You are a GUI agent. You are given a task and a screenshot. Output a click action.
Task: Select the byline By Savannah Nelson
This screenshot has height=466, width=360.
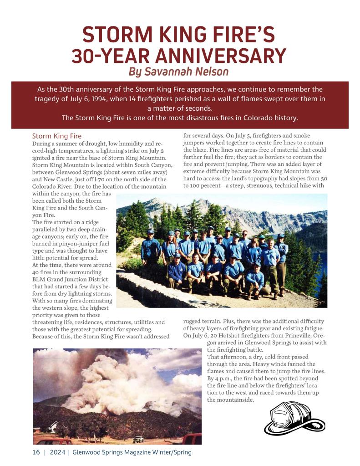(x=178, y=72)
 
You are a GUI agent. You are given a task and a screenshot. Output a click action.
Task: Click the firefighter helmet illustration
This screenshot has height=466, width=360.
(x=294, y=418)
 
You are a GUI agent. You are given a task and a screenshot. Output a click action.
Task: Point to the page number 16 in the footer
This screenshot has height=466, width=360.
(x=36, y=452)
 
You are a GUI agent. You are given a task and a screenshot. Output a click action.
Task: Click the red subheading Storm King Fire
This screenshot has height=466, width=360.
(x=57, y=136)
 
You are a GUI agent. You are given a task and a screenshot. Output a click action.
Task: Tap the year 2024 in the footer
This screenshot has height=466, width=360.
(x=57, y=452)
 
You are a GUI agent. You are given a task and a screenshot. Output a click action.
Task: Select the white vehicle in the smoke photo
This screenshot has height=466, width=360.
(x=138, y=439)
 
